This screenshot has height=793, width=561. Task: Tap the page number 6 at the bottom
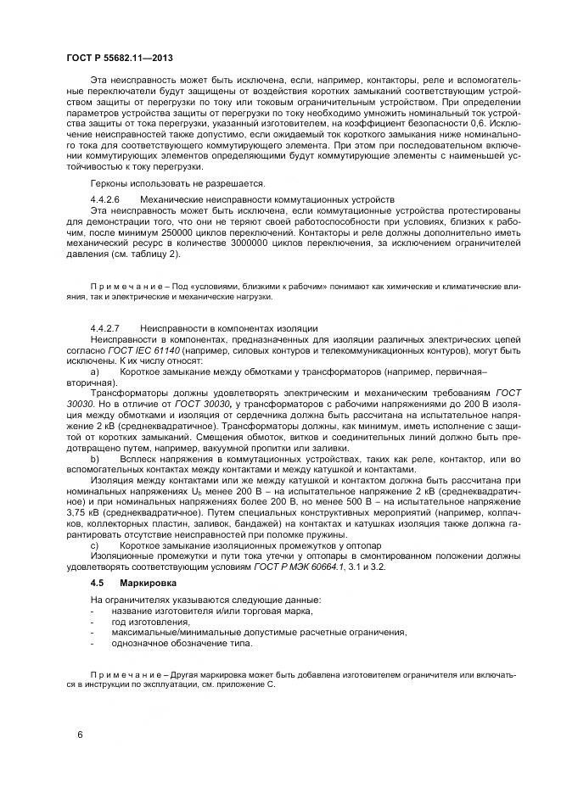click(79, 734)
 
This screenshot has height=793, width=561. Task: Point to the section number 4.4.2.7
click(105, 327)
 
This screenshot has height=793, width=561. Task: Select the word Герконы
click(111, 182)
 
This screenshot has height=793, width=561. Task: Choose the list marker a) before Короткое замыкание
click(95, 371)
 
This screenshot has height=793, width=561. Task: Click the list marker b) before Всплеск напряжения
click(95, 458)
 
